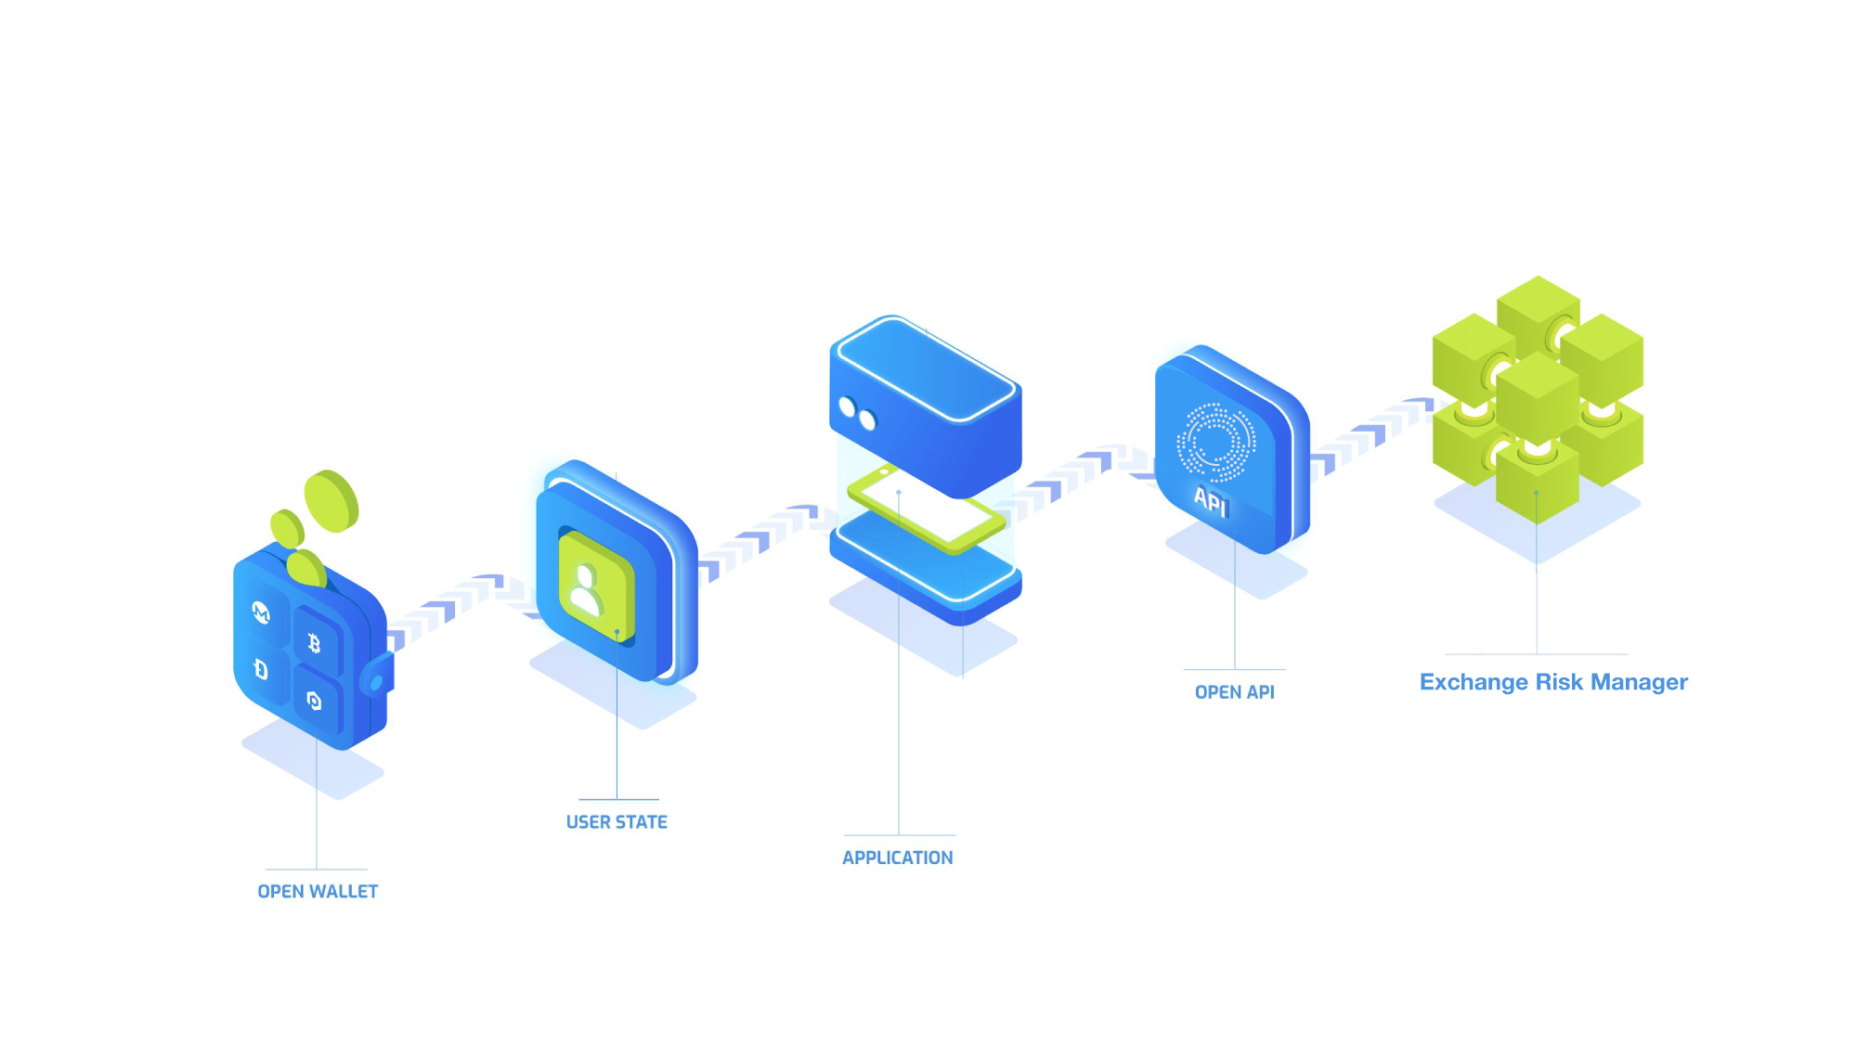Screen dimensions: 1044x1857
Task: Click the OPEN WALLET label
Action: pyautogui.click(x=318, y=891)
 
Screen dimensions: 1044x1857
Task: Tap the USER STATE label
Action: pyautogui.click(x=617, y=821)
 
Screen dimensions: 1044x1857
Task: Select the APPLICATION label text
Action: pyautogui.click(x=897, y=857)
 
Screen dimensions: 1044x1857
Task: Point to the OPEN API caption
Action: pyautogui.click(x=1234, y=692)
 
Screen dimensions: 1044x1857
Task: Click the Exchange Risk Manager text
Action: pyautogui.click(x=1553, y=682)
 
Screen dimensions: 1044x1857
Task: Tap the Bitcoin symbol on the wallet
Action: pyautogui.click(x=314, y=642)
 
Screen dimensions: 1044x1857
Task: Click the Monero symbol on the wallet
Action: pyautogui.click(x=262, y=612)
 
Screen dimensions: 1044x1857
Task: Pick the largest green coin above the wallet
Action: pyautogui.click(x=331, y=501)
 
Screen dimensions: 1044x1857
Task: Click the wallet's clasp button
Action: pyautogui.click(x=377, y=682)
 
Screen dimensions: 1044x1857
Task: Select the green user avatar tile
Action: pyautogui.click(x=595, y=586)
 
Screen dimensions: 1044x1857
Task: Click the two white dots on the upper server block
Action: pyautogui.click(x=857, y=414)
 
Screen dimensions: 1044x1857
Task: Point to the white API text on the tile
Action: pyautogui.click(x=1211, y=501)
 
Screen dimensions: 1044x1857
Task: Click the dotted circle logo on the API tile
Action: pyautogui.click(x=1215, y=443)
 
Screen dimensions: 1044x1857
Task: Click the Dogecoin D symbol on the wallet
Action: pyautogui.click(x=261, y=669)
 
